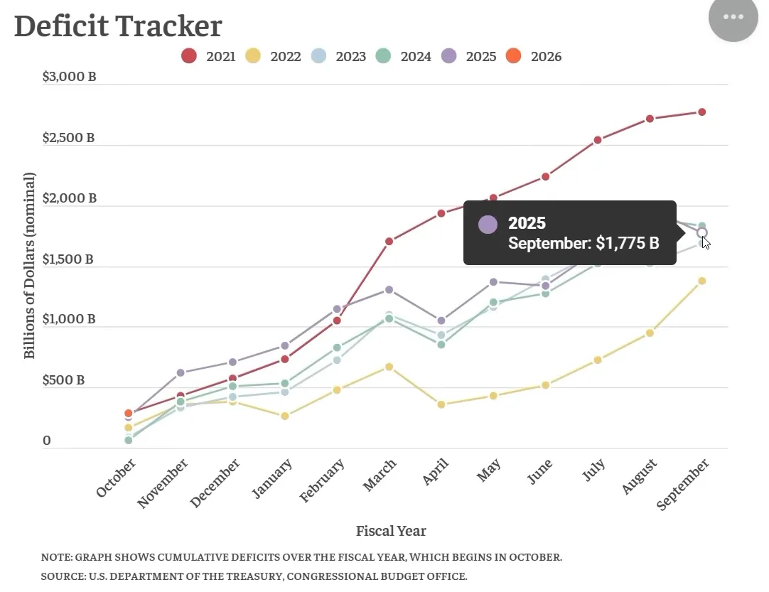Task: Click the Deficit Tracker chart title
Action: (x=118, y=26)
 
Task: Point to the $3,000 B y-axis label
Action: (x=69, y=77)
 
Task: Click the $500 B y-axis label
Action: (x=63, y=380)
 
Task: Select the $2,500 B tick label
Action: (x=68, y=138)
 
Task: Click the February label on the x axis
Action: (x=323, y=481)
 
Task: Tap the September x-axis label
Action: (x=683, y=485)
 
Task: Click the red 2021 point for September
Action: (x=701, y=112)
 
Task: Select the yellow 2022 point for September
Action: (x=701, y=281)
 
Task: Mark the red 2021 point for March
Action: (x=389, y=242)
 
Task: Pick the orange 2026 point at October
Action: (x=129, y=413)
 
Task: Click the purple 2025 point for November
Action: (x=181, y=372)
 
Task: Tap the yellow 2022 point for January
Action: (x=285, y=416)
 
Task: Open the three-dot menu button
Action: (x=733, y=17)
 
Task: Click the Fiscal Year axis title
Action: (x=391, y=531)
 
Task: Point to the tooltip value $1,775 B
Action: (x=627, y=244)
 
